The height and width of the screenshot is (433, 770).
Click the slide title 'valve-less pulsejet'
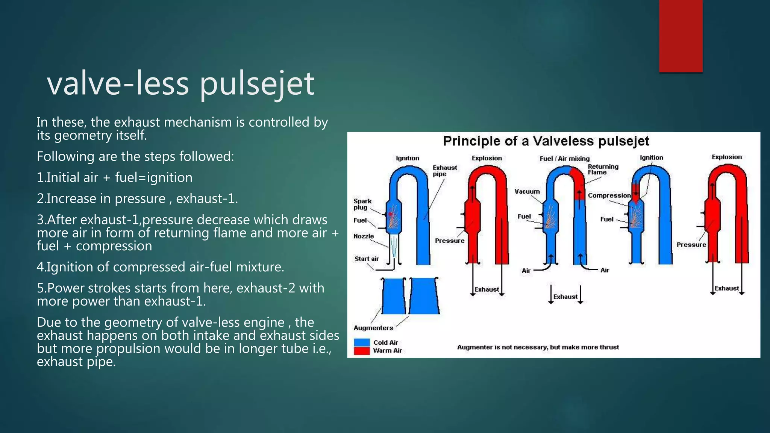(180, 83)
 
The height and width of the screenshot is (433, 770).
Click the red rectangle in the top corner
(681, 36)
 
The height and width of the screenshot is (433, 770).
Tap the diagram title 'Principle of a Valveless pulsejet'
(546, 141)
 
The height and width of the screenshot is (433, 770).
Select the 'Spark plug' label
(362, 204)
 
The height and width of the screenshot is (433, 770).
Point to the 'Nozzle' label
(364, 236)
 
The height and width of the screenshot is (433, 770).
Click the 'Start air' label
(367, 259)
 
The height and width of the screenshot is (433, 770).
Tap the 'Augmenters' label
(373, 328)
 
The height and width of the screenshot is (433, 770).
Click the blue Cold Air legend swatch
(362, 342)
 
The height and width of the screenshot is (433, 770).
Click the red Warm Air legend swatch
(362, 351)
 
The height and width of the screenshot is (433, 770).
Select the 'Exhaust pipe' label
(445, 171)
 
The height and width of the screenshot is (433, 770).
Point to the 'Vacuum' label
(527, 192)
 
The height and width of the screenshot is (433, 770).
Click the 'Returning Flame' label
(603, 170)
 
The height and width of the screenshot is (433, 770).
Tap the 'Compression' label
(609, 195)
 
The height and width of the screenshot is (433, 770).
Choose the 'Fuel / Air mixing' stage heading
(564, 159)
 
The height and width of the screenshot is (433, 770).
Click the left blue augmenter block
(394, 296)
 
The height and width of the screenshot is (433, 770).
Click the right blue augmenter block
(424, 296)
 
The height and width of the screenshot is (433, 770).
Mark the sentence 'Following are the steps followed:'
(135, 156)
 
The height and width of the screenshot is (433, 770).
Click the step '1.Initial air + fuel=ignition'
(115, 177)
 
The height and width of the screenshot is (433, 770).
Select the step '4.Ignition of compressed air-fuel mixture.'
(161, 267)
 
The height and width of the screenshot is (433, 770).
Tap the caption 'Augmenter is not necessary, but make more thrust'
(538, 347)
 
